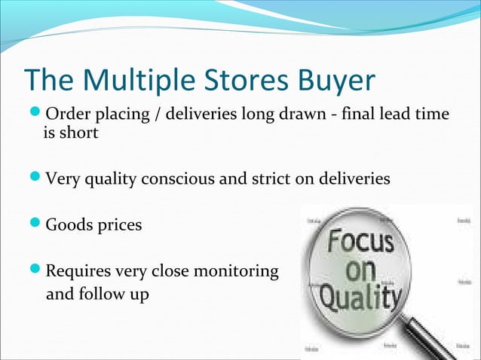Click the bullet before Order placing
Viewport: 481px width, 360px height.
pyautogui.click(x=35, y=114)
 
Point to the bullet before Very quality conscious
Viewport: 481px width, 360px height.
pyautogui.click(x=35, y=180)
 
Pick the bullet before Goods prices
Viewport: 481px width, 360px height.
pyautogui.click(x=35, y=224)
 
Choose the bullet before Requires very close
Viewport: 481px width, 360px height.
pyautogui.click(x=35, y=270)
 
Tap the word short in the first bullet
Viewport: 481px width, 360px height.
pyautogui.click(x=80, y=133)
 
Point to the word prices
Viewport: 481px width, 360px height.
pyautogui.click(x=118, y=225)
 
